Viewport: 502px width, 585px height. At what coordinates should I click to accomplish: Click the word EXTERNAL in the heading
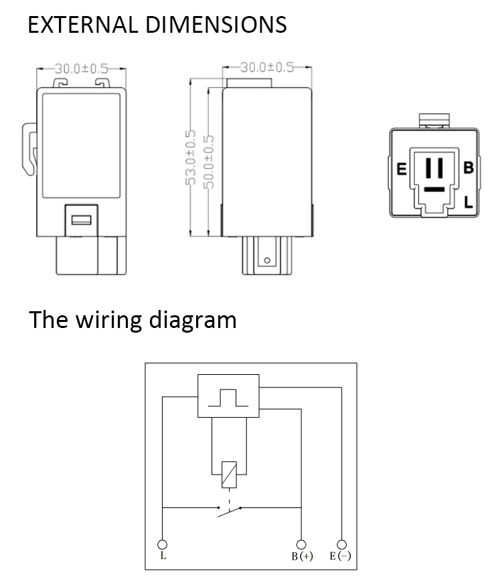[83, 25]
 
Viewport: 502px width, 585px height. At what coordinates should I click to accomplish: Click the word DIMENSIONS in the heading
[216, 25]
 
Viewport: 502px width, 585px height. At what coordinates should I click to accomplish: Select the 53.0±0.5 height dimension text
[191, 157]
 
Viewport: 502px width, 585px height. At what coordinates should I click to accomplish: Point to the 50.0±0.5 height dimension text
[210, 162]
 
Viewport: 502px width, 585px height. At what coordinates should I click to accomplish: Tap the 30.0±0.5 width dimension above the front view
[81, 69]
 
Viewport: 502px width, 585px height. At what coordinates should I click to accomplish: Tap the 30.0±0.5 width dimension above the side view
[267, 67]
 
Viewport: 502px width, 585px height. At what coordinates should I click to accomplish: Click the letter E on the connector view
[402, 169]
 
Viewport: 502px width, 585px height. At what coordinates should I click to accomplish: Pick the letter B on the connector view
[469, 167]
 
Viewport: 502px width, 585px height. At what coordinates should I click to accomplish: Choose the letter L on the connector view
[469, 202]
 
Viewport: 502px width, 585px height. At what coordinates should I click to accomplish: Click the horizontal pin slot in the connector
[434, 189]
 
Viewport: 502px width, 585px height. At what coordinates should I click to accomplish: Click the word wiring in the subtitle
[109, 320]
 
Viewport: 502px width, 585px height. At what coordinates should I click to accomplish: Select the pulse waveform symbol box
[228, 396]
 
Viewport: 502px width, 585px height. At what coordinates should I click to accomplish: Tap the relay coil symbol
[229, 475]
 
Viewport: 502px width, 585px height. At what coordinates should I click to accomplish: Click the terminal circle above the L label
[163, 545]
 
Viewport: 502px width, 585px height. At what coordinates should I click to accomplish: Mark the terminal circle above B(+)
[301, 545]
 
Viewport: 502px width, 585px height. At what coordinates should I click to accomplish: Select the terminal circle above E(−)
[341, 545]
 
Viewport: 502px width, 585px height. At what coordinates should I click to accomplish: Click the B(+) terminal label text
[302, 556]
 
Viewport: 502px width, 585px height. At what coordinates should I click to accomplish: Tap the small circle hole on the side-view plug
[267, 260]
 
